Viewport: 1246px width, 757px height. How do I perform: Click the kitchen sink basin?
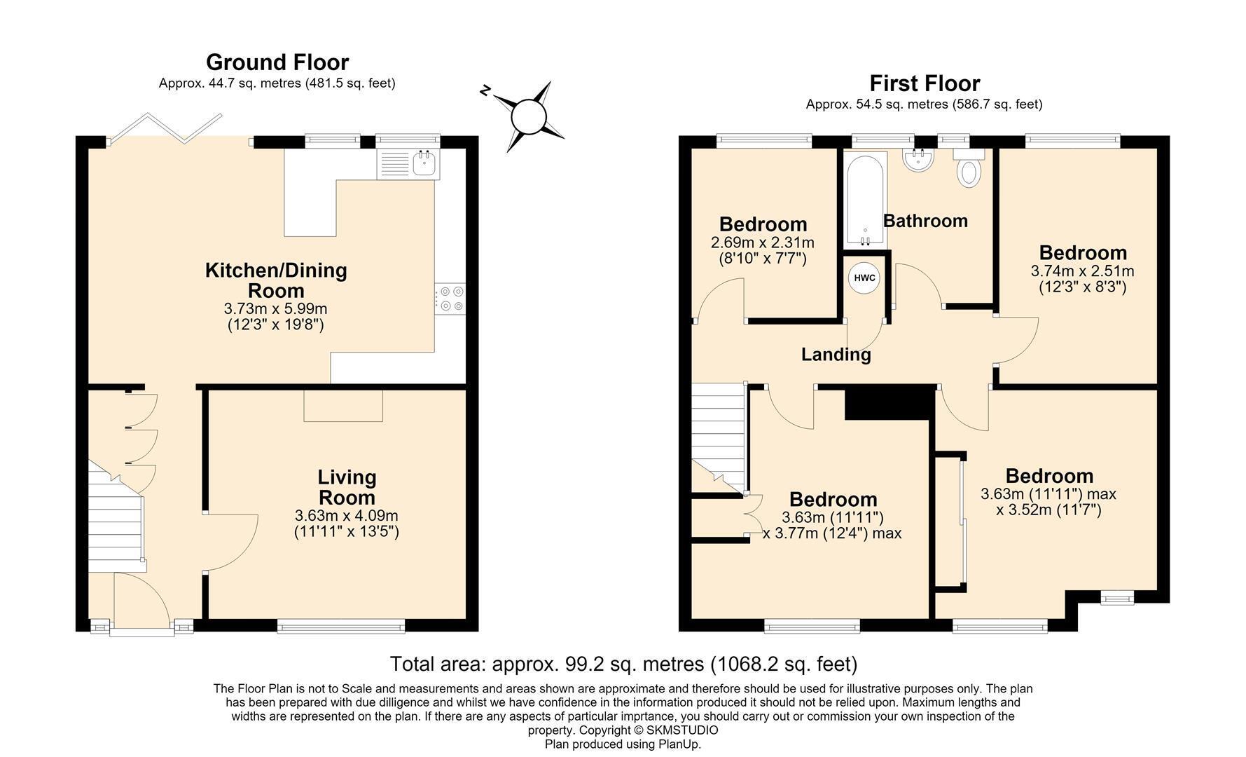pos(424,164)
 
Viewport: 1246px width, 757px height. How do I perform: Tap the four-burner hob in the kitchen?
pos(450,299)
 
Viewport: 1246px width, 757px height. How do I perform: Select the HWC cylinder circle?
pos(865,278)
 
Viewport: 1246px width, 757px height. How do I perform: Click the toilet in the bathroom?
pos(969,168)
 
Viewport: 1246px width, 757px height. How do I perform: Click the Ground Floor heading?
pos(277,62)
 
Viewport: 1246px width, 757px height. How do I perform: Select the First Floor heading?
pos(925,83)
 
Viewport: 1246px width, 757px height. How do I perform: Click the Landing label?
pos(836,355)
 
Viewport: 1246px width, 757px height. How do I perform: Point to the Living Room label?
pos(347,487)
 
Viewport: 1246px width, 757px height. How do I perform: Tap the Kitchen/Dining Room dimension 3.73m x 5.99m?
pos(276,308)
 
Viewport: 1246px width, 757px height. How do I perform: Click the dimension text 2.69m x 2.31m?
pos(763,243)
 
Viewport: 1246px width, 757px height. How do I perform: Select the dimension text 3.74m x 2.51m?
pos(1083,271)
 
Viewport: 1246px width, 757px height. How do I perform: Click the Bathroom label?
pos(925,221)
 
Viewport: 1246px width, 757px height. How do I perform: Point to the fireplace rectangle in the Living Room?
pos(343,406)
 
